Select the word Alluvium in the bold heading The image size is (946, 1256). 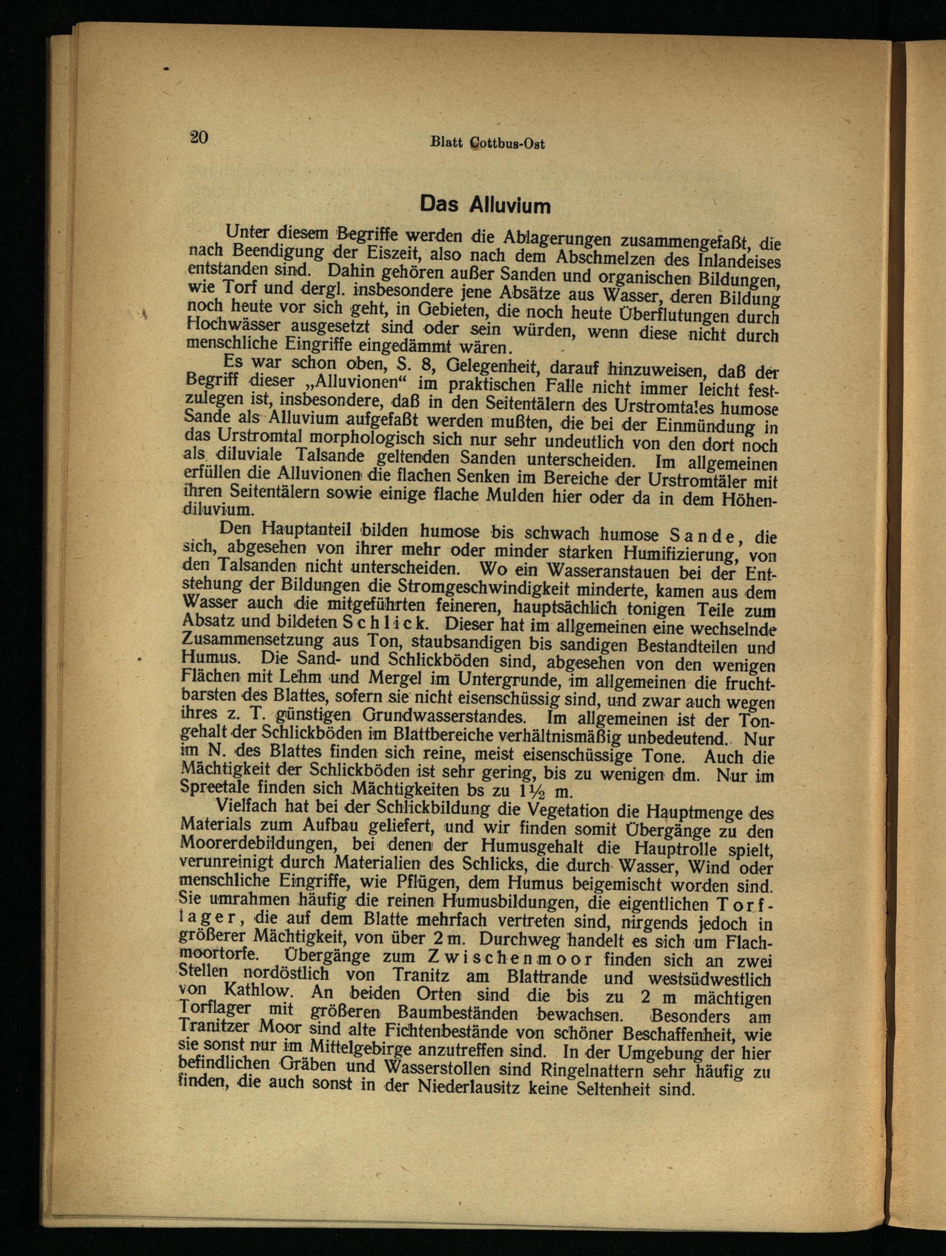pyautogui.click(x=509, y=204)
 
